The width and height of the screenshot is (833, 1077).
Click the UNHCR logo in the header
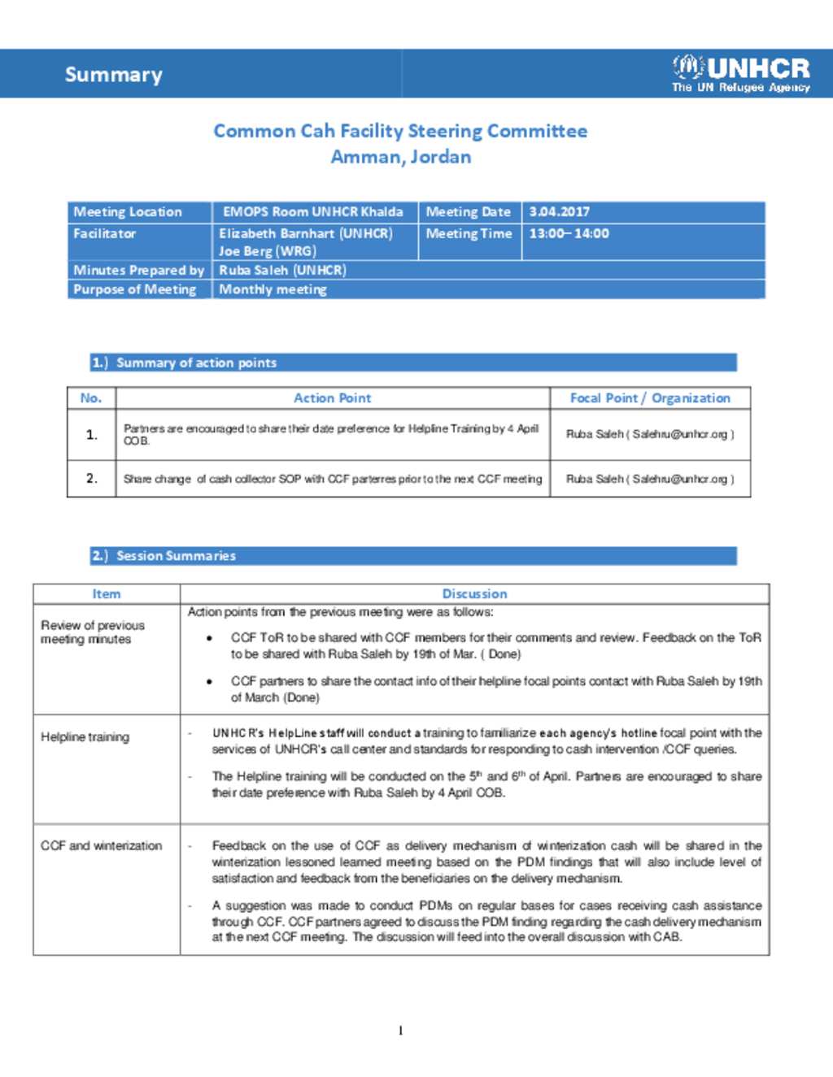coord(741,73)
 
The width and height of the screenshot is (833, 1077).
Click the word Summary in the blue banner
coord(114,75)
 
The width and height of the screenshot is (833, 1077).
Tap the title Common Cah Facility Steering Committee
coord(400,131)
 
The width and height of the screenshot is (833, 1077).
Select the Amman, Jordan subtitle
coord(400,157)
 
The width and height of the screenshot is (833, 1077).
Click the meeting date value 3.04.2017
coord(560,212)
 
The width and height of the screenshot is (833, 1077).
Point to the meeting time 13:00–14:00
coord(569,234)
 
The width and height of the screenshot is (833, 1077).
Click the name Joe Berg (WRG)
coord(268,251)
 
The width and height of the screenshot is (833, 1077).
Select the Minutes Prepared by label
coord(138,270)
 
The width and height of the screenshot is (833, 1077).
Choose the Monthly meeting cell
coord(273,289)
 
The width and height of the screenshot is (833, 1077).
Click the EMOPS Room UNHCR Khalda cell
coord(312,212)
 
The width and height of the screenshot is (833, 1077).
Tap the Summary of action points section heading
coord(196,363)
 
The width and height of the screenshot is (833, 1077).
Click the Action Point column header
coord(332,398)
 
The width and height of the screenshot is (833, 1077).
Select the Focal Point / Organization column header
coord(650,398)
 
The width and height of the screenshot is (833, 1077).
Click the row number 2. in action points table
coord(92,478)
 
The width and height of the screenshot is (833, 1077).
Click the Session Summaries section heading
coord(176,556)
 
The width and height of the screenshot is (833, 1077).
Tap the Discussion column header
coord(474,594)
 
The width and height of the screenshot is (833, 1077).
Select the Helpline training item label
coord(85,737)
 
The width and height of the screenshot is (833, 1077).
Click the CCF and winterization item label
coord(102,846)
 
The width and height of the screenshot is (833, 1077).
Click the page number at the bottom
coord(400,1031)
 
